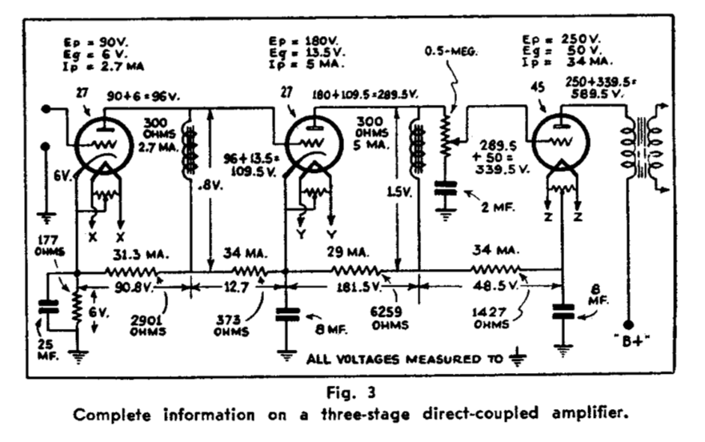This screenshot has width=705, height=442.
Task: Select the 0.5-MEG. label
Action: pyautogui.click(x=452, y=50)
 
